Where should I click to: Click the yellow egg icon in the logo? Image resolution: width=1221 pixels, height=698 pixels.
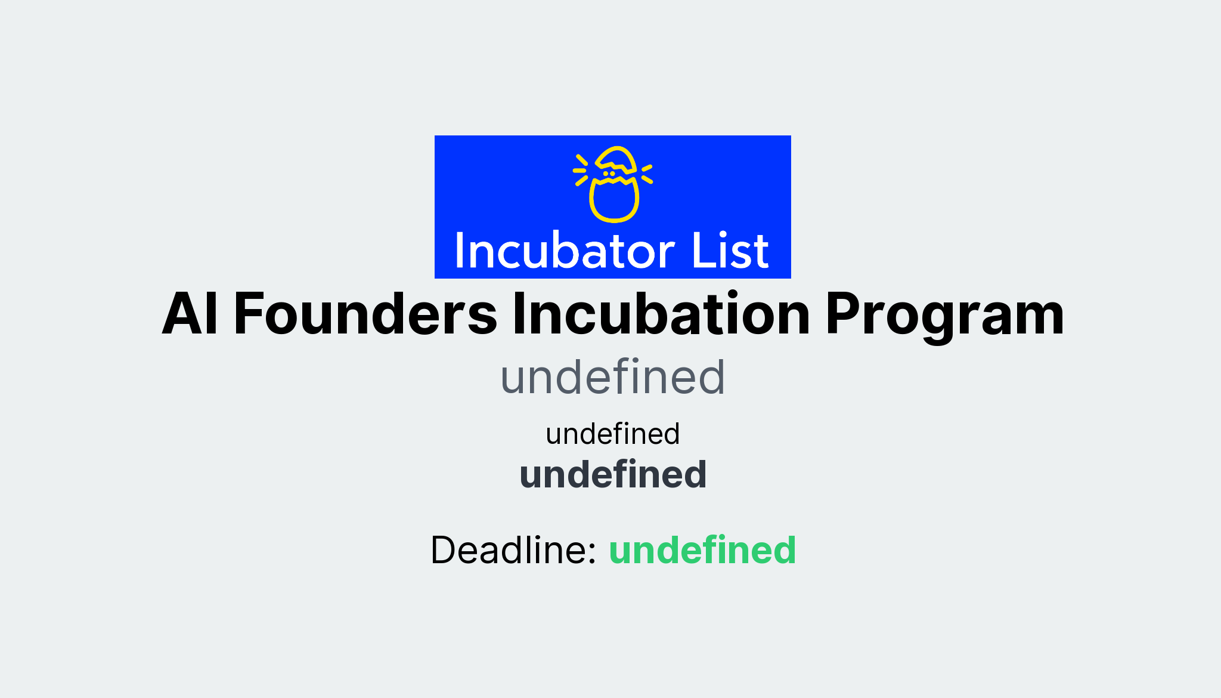click(613, 185)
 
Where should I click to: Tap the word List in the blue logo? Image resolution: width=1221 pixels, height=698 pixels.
click(730, 251)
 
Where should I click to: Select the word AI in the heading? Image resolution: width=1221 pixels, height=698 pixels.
click(190, 314)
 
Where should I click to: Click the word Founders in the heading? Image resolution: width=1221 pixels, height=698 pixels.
click(365, 314)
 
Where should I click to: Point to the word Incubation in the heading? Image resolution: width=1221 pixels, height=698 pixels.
click(661, 314)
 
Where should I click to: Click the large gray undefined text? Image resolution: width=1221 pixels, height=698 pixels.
click(612, 378)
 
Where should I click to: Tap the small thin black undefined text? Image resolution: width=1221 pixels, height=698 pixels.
click(612, 434)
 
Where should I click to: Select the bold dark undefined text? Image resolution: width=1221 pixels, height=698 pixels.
click(612, 475)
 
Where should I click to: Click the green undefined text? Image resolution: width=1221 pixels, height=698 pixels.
click(702, 549)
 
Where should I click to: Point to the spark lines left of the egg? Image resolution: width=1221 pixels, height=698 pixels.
click(581, 170)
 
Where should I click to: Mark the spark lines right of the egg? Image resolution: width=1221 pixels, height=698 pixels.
click(647, 174)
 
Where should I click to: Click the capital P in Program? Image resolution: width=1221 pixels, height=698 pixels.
click(842, 314)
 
